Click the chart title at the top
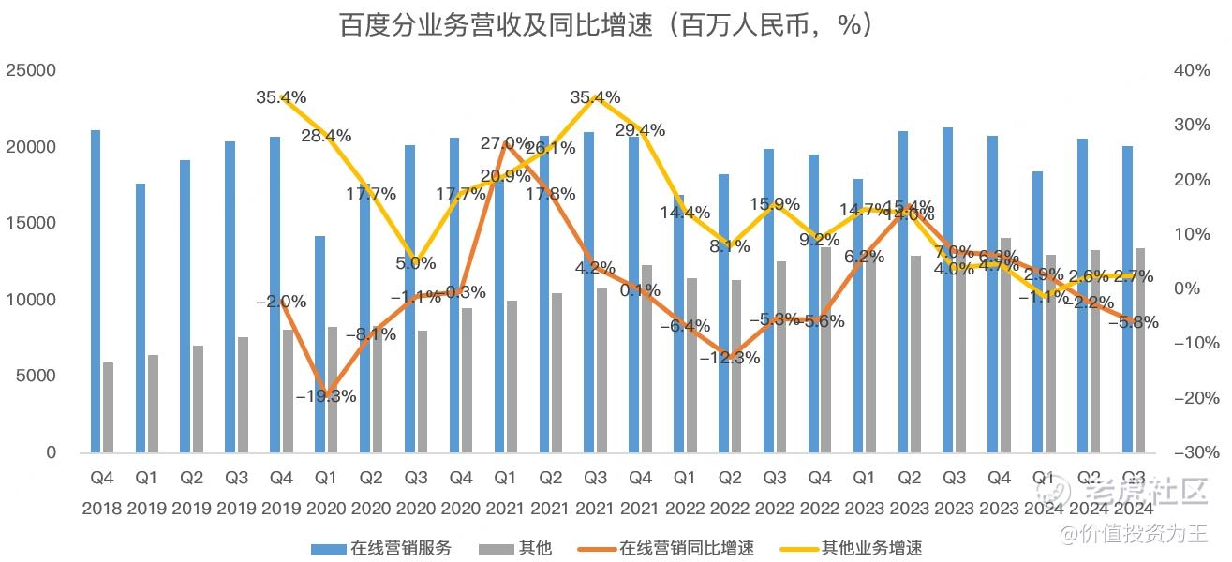(x=607, y=24)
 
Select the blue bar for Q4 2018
(x=96, y=290)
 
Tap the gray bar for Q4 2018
(x=109, y=407)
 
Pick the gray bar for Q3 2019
(x=243, y=394)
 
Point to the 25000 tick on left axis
(x=31, y=71)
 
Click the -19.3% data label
(x=325, y=396)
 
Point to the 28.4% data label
(x=325, y=137)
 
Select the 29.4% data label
(x=639, y=130)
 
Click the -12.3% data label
(x=728, y=358)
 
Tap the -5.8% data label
(x=1133, y=322)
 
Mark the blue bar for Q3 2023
(x=948, y=290)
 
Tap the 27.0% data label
(x=505, y=143)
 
